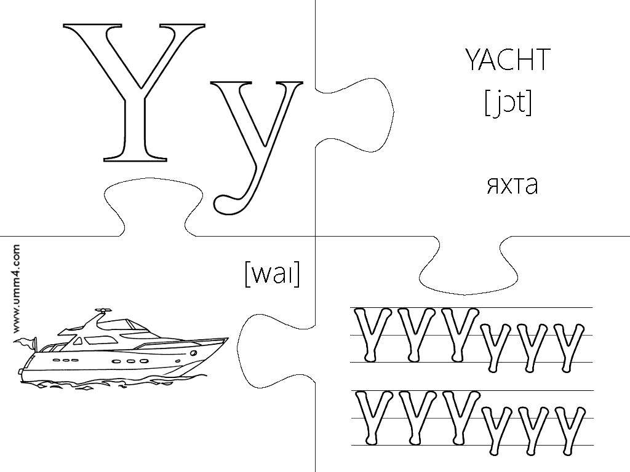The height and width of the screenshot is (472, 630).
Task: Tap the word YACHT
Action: point(508,60)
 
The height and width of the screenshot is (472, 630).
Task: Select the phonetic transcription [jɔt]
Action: point(508,103)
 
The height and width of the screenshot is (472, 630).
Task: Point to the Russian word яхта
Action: point(512,186)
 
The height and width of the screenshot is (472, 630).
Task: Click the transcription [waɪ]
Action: point(272,274)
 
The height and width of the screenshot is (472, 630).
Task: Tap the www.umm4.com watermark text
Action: point(16,289)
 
